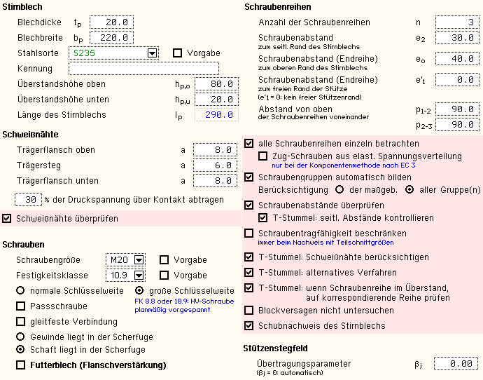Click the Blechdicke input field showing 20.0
point(111,22)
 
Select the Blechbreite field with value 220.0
point(111,38)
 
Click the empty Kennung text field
point(143,69)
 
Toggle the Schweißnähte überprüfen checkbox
point(8,218)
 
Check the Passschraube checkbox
point(21,306)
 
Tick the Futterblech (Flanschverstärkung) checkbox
point(21,365)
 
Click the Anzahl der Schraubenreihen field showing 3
point(456,22)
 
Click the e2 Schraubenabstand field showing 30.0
point(456,38)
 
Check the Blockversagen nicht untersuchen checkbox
point(249,310)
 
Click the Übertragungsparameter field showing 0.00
point(456,364)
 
